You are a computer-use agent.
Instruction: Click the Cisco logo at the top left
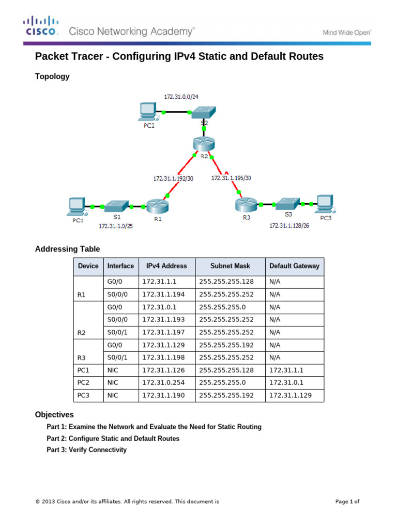[40, 26]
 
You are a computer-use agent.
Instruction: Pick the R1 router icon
[156, 206]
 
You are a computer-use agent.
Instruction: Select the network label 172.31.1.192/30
[173, 179]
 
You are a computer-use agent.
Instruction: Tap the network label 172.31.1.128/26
[289, 226]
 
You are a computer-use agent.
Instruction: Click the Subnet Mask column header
[230, 266]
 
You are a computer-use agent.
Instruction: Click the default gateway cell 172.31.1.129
[290, 396]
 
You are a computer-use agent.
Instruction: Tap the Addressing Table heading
[67, 249]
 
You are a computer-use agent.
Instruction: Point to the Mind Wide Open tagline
[347, 32]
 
